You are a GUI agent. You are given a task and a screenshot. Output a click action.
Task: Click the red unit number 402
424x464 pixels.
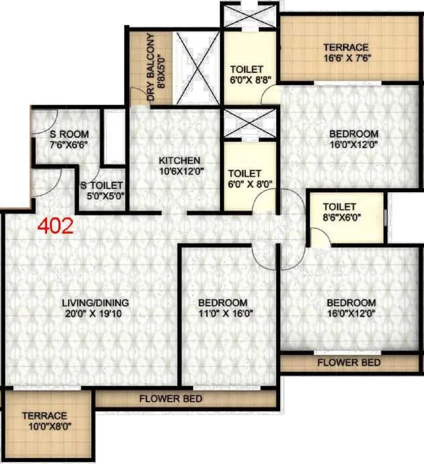click(56, 226)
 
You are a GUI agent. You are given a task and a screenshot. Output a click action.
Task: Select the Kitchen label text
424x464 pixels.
click(179, 161)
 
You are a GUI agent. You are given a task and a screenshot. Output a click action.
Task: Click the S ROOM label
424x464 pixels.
click(70, 134)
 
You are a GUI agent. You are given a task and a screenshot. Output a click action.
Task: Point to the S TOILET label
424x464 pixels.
click(102, 185)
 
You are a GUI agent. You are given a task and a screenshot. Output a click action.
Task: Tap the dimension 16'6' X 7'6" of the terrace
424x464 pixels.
click(345, 58)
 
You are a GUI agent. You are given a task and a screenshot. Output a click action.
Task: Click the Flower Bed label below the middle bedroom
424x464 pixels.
click(171, 399)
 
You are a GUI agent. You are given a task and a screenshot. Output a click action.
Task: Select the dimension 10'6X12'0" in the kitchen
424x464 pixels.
click(179, 171)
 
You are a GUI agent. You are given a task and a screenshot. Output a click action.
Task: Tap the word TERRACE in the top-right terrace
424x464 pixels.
click(345, 48)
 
